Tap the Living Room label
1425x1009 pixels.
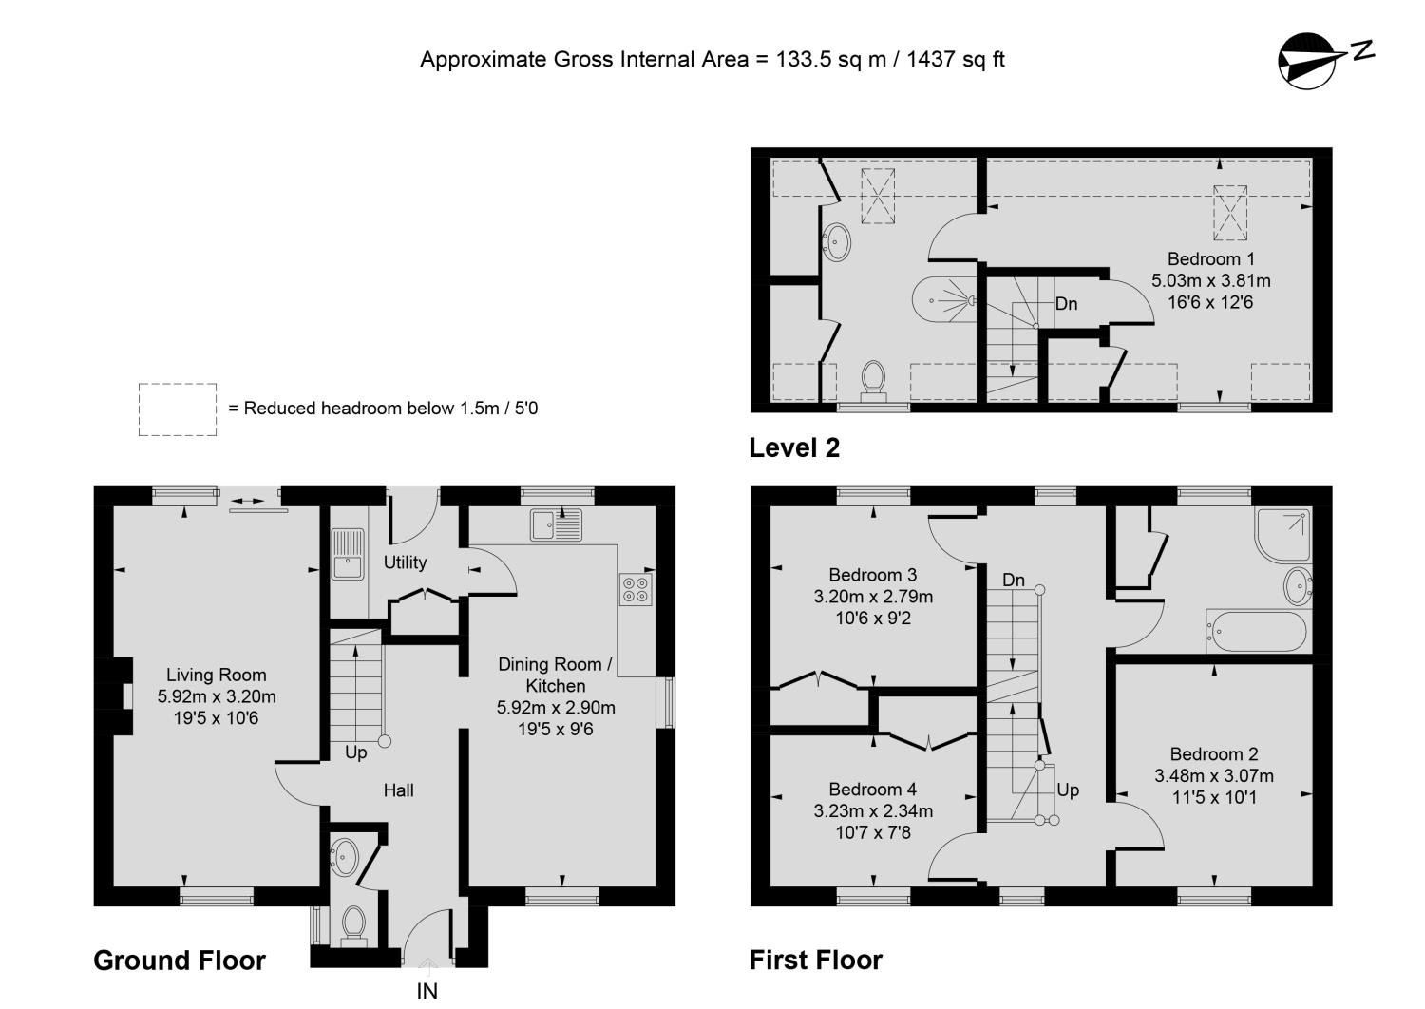coord(217,675)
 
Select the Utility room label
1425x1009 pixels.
coord(405,562)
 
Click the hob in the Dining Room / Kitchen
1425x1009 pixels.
coord(636,589)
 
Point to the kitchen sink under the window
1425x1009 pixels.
coord(556,525)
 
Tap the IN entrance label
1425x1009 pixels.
coord(427,991)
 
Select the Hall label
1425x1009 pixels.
coord(399,790)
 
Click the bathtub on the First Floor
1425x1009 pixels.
coord(1259,631)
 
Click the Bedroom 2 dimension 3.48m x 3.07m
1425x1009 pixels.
coord(1214,775)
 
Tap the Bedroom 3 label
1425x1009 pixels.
coord(873,575)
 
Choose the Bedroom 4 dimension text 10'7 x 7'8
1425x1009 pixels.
coord(873,832)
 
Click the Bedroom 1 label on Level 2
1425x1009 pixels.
coord(1210,259)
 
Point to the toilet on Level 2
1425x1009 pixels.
coord(873,380)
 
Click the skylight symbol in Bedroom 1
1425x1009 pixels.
coord(1229,213)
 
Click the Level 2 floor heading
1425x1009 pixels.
coord(794,447)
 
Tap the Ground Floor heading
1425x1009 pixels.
coord(180,961)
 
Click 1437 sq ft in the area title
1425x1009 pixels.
coord(955,59)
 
